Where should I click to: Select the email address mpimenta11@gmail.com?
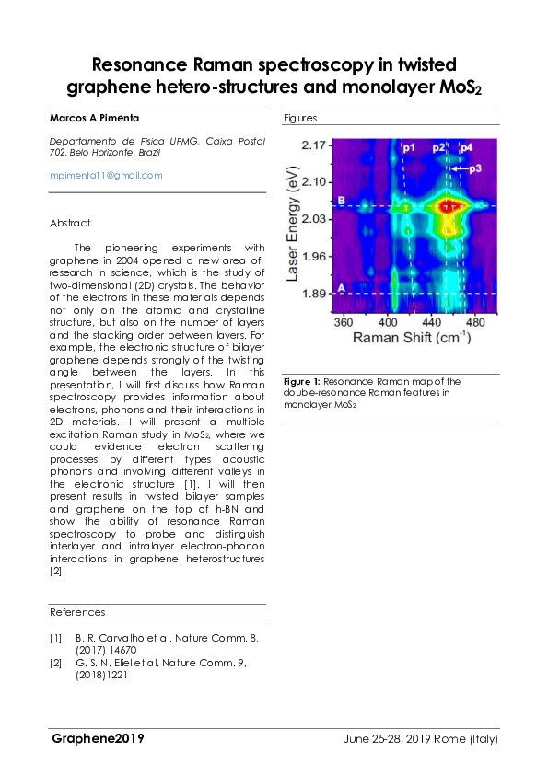[x=106, y=175]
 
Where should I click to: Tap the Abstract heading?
[x=70, y=224]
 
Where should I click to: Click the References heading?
[x=77, y=612]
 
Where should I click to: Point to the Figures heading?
[x=300, y=118]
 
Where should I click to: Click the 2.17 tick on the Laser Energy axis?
[x=315, y=146]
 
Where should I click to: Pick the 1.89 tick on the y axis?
[x=315, y=294]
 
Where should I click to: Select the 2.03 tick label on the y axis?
[x=315, y=219]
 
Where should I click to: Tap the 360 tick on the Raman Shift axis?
[x=343, y=324]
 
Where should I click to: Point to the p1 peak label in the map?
[x=408, y=147]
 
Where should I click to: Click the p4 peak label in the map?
[x=467, y=147]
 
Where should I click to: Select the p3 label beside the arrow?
[x=475, y=169]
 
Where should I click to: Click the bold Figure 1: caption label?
[x=301, y=381]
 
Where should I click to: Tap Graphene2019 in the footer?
[x=98, y=739]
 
